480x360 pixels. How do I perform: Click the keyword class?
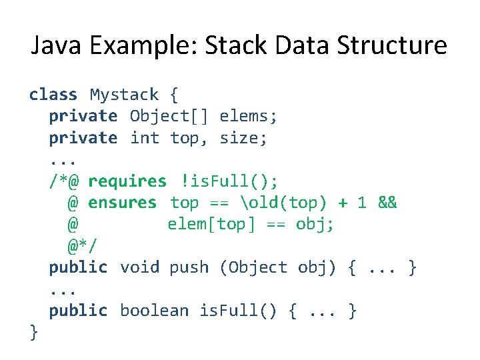coord(53,95)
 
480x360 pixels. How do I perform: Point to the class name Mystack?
coord(125,95)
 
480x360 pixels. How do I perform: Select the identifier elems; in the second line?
coord(249,117)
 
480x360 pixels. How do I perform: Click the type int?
coord(145,138)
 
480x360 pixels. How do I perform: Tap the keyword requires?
coord(127,181)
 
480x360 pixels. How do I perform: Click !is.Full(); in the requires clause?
coord(229,181)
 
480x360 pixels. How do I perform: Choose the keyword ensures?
coord(122,203)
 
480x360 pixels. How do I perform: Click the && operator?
coord(387,203)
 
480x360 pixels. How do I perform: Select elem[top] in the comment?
coord(209,224)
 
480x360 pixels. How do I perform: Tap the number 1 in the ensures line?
coord(361,203)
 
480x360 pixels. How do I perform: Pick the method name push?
coord(189,267)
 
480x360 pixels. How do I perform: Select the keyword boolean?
coord(155,311)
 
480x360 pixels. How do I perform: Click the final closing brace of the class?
coord(34,332)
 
